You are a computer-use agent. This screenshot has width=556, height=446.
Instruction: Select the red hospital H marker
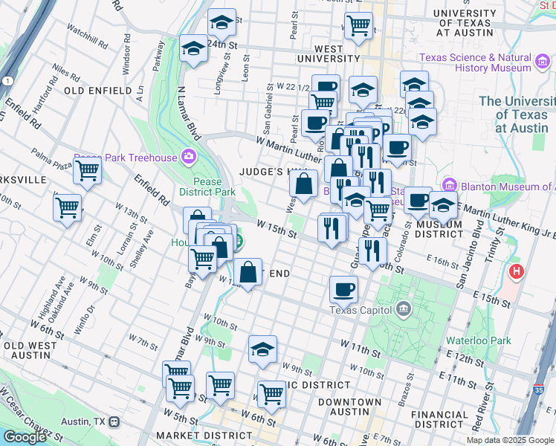pos(516,272)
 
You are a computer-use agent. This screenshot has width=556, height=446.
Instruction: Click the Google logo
pos(25,437)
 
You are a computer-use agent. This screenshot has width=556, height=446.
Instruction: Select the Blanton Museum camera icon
pos(449,185)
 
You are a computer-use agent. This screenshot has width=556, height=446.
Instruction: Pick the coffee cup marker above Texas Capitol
pos(344,288)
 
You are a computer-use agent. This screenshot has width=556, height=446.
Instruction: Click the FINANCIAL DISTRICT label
pos(442,419)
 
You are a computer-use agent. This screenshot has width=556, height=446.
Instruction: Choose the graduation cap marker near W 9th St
pos(262,349)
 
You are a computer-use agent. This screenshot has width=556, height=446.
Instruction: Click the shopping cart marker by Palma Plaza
pos(88,171)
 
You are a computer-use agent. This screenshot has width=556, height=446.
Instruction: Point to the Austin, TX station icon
pos(114,421)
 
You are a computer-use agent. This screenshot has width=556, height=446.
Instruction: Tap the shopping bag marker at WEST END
pos(248,271)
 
